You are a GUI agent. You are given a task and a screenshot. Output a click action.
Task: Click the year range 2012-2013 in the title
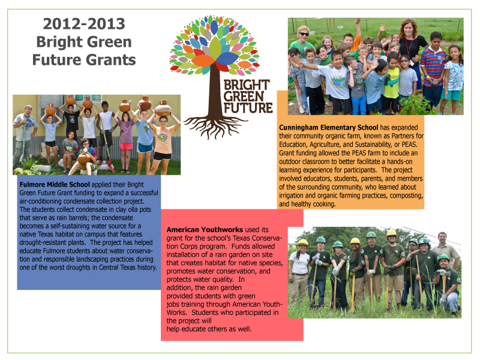[84, 24]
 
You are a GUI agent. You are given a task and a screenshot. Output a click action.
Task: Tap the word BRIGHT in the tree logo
[247, 85]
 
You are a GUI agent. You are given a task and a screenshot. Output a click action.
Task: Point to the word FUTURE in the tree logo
[248, 108]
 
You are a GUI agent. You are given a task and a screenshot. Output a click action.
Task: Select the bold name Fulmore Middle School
[55, 185]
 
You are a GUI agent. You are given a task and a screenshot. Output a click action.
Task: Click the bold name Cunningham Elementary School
[328, 128]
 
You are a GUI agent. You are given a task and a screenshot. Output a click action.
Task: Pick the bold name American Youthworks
[205, 230]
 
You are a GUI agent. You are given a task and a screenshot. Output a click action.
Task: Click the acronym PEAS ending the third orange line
[409, 145]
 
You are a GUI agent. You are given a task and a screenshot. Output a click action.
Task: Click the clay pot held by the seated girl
[84, 158]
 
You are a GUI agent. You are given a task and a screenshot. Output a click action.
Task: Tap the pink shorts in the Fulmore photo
[126, 146]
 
